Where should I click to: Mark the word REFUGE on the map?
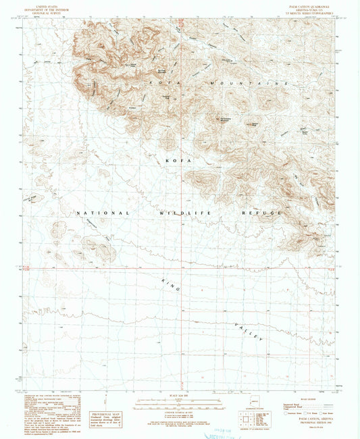(x=260, y=213)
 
